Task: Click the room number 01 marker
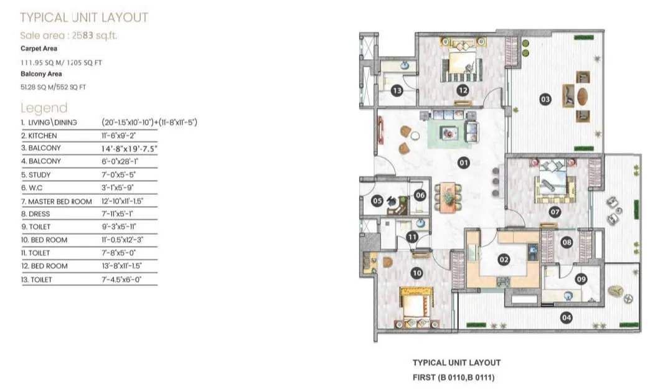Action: (463, 163)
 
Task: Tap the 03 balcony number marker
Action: (545, 99)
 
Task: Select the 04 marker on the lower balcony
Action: (566, 318)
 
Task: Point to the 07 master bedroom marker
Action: (555, 212)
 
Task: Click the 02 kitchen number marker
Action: (504, 260)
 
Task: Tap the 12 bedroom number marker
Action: (462, 90)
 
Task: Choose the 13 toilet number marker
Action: (397, 91)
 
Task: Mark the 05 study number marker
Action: (377, 200)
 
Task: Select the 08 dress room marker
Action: (566, 242)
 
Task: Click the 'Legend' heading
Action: (44, 108)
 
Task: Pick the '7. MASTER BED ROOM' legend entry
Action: (57, 201)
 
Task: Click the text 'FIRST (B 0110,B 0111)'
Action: (456, 377)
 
